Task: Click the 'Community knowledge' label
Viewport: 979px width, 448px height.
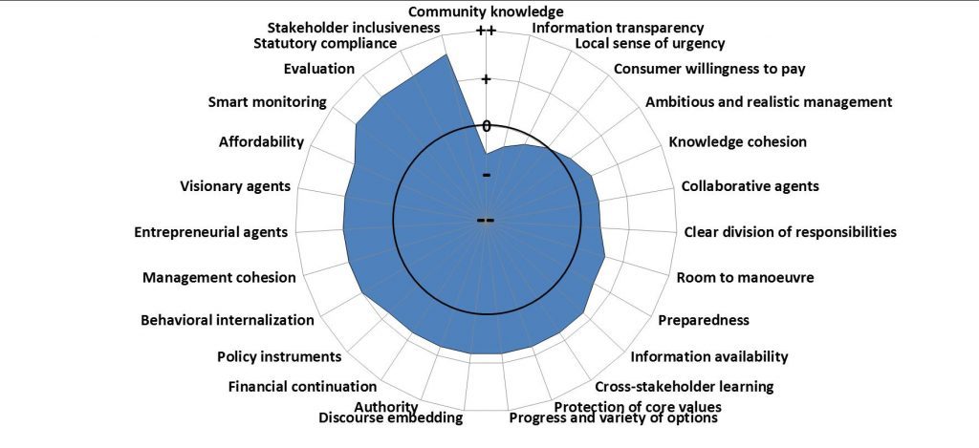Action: [486, 11]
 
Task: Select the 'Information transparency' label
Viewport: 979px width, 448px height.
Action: [618, 28]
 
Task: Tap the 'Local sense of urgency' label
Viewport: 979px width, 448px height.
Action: [650, 43]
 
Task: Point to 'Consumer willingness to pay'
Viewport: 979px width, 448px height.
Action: [709, 69]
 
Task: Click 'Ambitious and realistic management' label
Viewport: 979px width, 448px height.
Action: [769, 101]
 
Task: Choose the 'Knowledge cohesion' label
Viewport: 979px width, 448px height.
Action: [737, 142]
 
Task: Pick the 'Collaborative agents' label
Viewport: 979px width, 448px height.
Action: [750, 186]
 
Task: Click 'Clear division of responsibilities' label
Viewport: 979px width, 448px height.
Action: [791, 231]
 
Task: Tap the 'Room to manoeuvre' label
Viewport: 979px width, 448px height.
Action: [745, 278]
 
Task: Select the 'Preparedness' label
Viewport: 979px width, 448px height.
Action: [704, 320]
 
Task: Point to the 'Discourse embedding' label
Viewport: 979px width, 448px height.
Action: [390, 417]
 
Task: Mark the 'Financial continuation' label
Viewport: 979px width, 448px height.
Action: [302, 387]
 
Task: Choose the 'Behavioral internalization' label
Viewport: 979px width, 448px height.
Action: [227, 320]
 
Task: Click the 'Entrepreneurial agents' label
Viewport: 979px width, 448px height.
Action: [210, 231]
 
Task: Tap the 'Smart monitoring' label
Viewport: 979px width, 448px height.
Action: [268, 102]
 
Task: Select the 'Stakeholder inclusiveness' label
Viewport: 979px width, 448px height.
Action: [354, 28]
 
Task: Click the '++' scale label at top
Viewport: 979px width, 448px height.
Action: [486, 32]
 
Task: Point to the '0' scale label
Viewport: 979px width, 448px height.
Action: [486, 126]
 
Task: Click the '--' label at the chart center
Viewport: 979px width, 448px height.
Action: [486, 221]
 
